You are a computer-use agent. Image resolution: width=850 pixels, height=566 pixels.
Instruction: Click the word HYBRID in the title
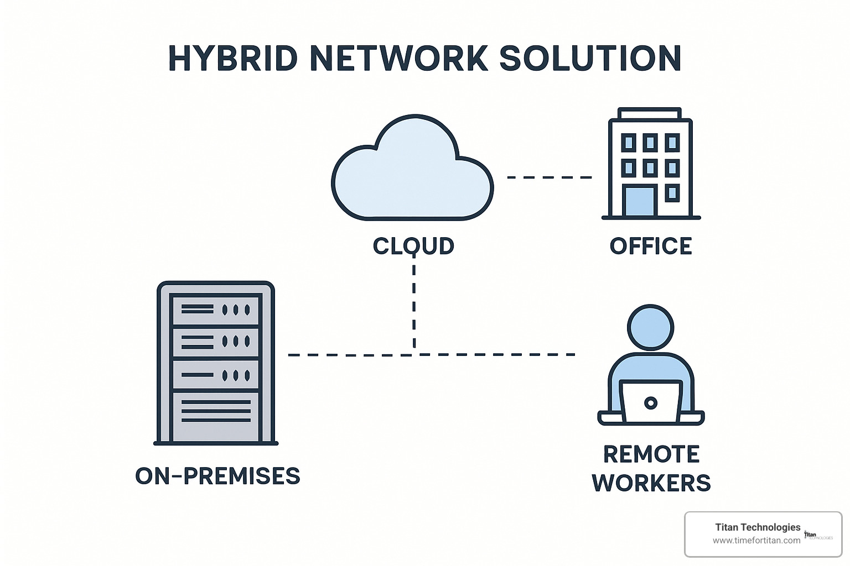tap(232, 58)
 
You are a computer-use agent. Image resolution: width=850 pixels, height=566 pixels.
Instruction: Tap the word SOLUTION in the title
tap(590, 58)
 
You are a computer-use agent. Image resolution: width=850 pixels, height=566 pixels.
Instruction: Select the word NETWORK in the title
tap(399, 58)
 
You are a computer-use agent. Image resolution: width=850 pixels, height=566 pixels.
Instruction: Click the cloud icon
tap(412, 171)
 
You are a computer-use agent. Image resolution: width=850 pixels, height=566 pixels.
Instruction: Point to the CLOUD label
tap(413, 246)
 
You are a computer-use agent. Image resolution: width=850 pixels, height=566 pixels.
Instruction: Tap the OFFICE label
tap(651, 246)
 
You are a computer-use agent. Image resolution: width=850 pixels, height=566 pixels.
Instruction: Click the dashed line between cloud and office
tap(549, 177)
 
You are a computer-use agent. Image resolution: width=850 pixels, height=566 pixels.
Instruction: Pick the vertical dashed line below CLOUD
tap(414, 304)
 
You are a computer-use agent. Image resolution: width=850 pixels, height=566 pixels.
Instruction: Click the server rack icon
tap(216, 363)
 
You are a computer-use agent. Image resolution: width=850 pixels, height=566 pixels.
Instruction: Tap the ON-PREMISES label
tap(217, 476)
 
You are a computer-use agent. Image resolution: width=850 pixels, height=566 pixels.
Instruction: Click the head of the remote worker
tap(651, 327)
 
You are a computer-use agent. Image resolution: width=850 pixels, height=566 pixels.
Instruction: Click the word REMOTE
tap(651, 454)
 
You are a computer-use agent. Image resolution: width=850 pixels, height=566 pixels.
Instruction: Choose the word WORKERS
tap(651, 483)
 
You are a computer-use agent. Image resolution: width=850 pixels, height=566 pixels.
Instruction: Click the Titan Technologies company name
tap(758, 527)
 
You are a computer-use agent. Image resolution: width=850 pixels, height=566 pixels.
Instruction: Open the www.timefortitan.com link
tap(756, 541)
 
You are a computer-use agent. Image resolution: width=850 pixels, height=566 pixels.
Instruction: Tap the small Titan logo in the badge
tap(817, 535)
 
